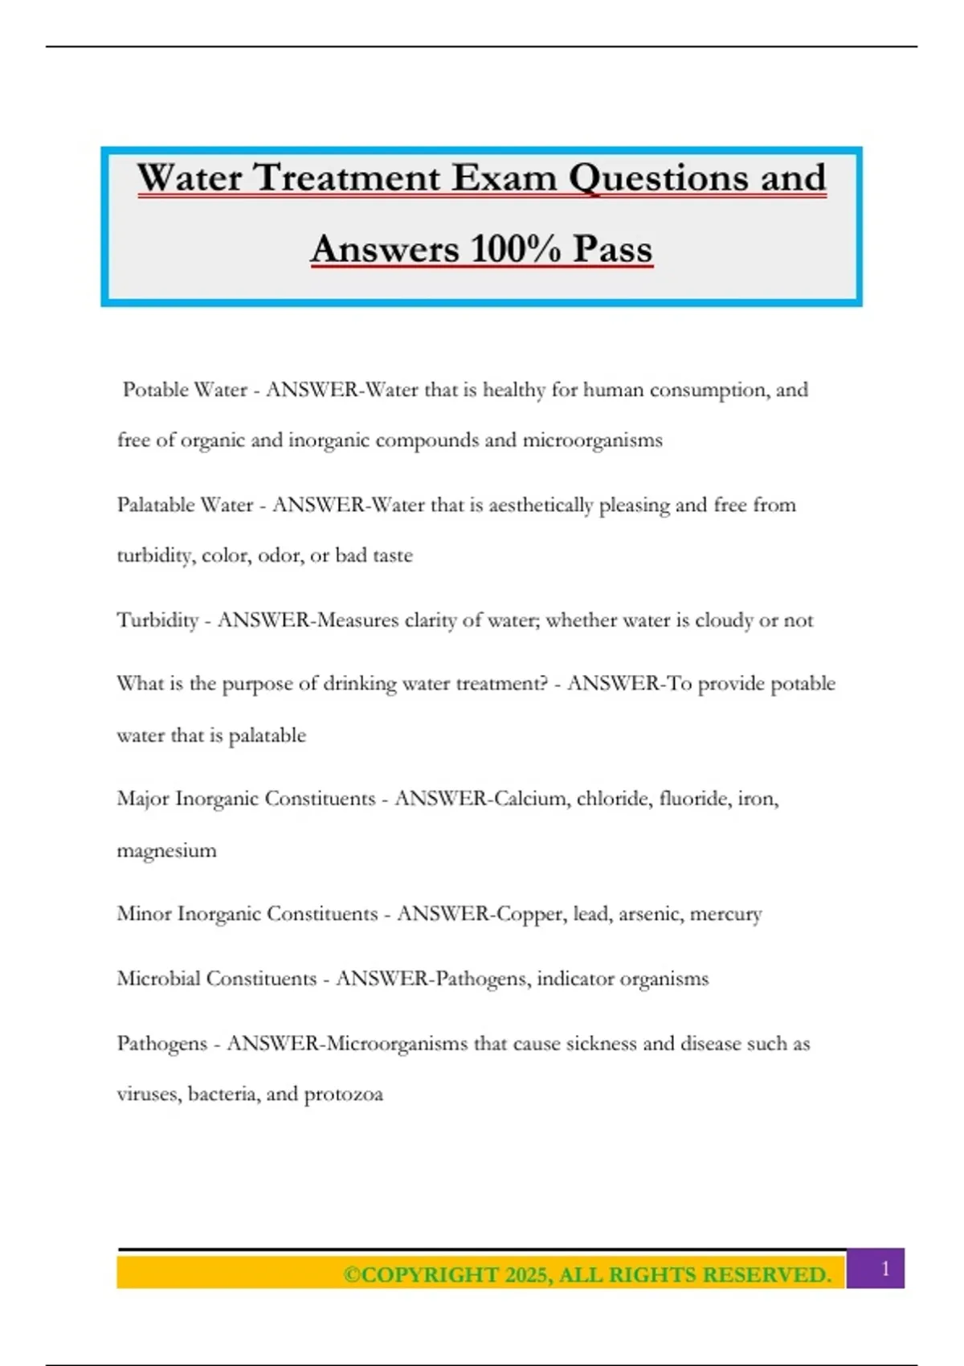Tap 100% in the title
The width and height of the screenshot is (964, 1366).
pyautogui.click(x=515, y=248)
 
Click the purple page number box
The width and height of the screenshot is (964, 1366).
pyautogui.click(x=884, y=1269)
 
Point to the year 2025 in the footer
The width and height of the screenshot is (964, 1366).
pyautogui.click(x=525, y=1275)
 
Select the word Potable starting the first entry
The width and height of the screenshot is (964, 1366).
pyautogui.click(x=156, y=390)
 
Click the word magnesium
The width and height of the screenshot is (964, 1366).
pyautogui.click(x=166, y=851)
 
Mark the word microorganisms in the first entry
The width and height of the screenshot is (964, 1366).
pyautogui.click(x=593, y=440)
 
